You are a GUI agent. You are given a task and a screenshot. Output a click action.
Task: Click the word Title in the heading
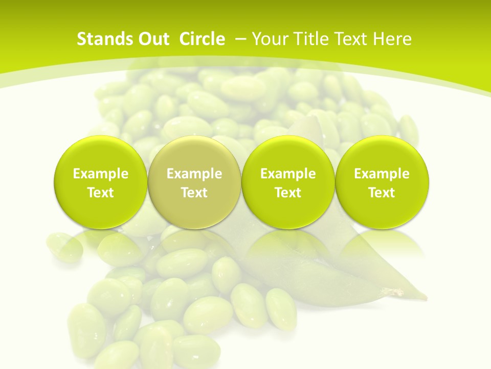307,39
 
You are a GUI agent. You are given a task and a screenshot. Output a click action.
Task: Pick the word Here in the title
393,39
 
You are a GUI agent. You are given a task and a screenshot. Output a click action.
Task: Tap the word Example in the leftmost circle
101,174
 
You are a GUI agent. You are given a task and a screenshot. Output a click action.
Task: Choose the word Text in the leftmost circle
101,193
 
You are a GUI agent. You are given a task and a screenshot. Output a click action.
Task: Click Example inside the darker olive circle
194,174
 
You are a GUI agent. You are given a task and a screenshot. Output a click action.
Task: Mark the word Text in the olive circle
194,193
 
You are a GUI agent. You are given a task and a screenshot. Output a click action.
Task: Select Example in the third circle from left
288,174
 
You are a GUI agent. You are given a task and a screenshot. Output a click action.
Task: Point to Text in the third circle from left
288,193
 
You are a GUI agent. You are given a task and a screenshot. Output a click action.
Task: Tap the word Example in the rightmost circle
382,174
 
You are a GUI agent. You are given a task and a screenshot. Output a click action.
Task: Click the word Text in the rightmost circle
382,193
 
